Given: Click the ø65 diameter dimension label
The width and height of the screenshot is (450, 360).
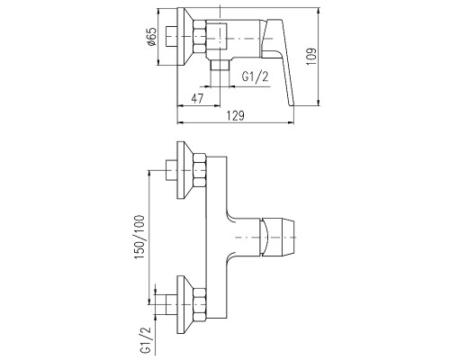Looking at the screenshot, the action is point(152,36).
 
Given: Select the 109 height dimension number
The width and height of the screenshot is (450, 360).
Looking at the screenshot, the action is point(311,57).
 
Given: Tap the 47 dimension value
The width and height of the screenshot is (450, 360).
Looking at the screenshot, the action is point(197,98).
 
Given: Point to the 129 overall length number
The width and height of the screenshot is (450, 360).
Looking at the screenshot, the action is point(236,116).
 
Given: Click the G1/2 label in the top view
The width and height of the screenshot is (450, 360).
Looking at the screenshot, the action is point(256,76).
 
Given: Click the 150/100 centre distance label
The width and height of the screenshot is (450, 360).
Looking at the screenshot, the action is point(139,237).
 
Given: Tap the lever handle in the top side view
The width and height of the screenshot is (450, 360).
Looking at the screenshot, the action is point(278,61).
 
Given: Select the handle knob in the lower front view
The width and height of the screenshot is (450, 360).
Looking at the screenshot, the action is point(278,238).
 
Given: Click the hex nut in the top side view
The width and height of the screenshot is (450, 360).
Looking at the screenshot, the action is point(200,37).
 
